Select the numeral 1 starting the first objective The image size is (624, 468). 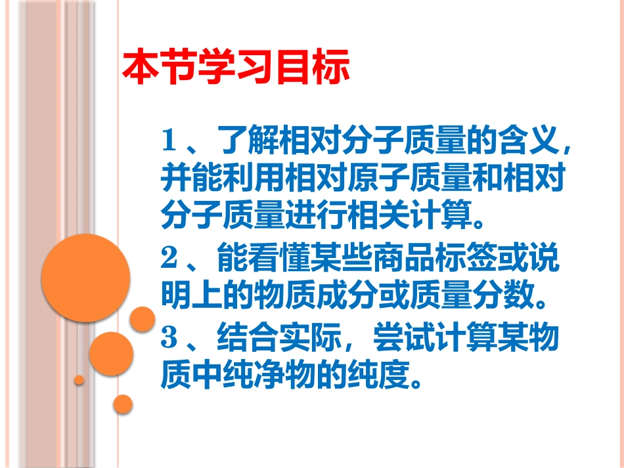click(x=169, y=140)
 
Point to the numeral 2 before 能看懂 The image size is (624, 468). click(x=170, y=260)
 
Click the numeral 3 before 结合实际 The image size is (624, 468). click(x=170, y=339)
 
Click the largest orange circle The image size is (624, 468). click(x=85, y=278)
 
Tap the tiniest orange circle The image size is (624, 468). click(x=79, y=380)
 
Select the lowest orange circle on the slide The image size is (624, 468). click(x=123, y=404)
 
